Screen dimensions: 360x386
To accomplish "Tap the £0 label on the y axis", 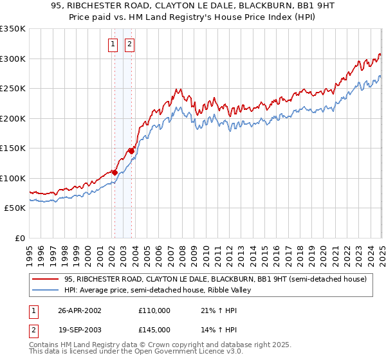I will (x=19, y=238).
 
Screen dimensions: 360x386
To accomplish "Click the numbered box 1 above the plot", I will (x=113, y=44).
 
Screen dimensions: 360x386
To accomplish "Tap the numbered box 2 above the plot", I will (x=129, y=44).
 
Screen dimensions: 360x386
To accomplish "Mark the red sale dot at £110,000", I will (x=115, y=172).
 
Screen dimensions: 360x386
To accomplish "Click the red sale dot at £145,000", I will (x=131, y=151).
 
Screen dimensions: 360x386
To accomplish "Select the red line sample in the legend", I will (x=46, y=279).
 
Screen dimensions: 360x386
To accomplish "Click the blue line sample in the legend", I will (x=46, y=290).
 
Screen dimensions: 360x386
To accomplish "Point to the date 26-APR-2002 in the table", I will (x=80, y=310).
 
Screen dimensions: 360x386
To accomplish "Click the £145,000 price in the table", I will (x=154, y=329).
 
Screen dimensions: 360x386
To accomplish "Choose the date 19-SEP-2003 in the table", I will (x=80, y=329).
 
